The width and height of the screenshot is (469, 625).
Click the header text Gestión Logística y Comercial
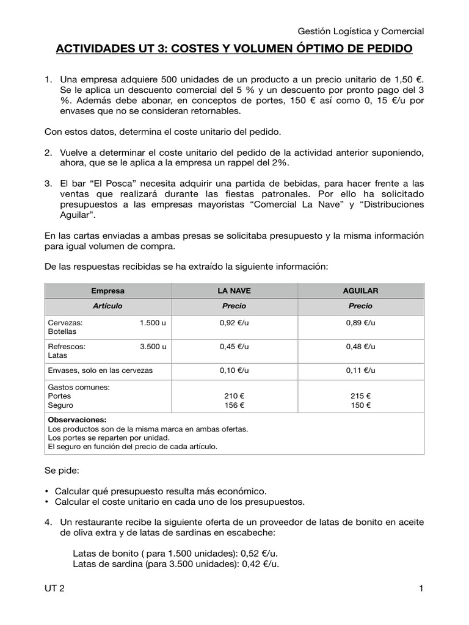pyautogui.click(x=360, y=31)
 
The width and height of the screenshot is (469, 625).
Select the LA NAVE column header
pyautogui.click(x=234, y=291)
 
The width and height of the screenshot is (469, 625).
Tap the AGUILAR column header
pyautogui.click(x=360, y=291)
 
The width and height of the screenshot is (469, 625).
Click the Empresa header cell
pyautogui.click(x=107, y=291)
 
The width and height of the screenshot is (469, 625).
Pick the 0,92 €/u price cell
pyautogui.click(x=234, y=322)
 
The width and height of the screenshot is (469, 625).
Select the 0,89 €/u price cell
pyautogui.click(x=360, y=322)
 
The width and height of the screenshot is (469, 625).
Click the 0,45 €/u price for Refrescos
pyautogui.click(x=234, y=346)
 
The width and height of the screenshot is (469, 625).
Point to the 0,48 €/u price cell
pyautogui.click(x=360, y=346)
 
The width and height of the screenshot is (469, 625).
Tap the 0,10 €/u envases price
pyautogui.click(x=234, y=370)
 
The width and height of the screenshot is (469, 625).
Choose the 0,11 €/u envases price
pyautogui.click(x=360, y=370)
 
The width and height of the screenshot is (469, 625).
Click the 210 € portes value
pyautogui.click(x=234, y=396)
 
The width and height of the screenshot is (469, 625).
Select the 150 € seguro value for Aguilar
pyautogui.click(x=360, y=405)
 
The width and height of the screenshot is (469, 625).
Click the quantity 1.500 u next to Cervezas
pyautogui.click(x=153, y=322)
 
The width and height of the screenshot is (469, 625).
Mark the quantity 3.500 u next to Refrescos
pyautogui.click(x=153, y=346)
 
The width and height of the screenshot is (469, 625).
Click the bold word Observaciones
pyautogui.click(x=76, y=420)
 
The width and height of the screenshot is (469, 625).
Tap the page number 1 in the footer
pyautogui.click(x=421, y=588)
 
